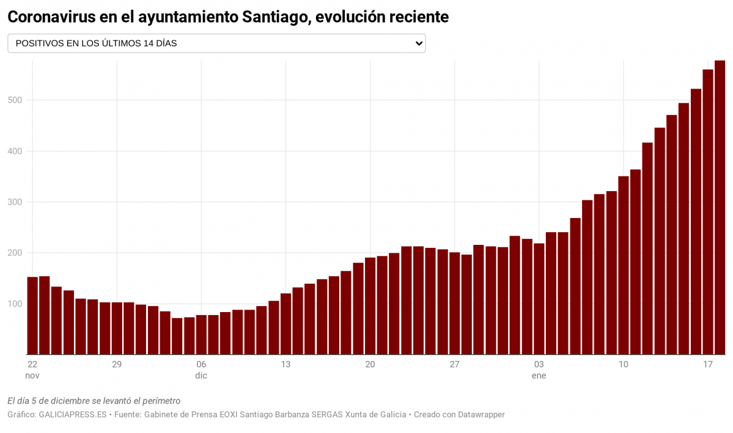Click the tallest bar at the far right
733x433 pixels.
click(x=720, y=208)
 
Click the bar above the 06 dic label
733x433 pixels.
click(x=201, y=335)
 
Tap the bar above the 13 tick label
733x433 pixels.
click(x=285, y=324)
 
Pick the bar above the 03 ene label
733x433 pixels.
click(x=539, y=299)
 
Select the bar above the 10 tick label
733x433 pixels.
click(x=623, y=265)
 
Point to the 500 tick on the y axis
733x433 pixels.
click(x=15, y=100)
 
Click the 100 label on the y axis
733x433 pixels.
click(x=15, y=304)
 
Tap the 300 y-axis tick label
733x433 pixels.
click(x=15, y=202)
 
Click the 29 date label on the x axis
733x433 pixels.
click(x=117, y=365)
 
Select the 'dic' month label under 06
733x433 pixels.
click(x=201, y=376)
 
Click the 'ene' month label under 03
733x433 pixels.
click(x=539, y=376)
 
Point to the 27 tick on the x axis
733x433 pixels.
click(x=454, y=365)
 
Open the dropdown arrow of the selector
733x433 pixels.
click(x=419, y=43)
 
